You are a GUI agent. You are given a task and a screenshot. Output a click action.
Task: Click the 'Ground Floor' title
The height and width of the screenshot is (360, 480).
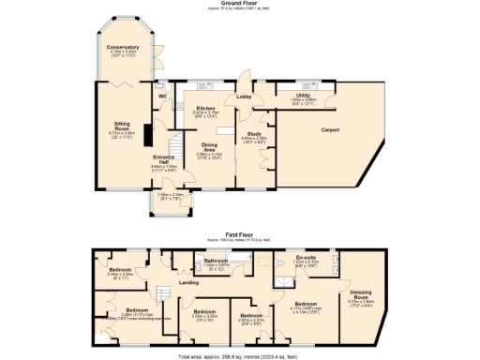[x=240, y=4]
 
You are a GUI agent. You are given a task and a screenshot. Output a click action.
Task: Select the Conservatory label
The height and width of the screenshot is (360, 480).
[x=123, y=46]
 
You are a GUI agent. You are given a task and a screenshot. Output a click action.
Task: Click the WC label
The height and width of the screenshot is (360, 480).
[x=162, y=96]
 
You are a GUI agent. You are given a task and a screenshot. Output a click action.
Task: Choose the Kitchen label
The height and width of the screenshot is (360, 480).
[x=206, y=108]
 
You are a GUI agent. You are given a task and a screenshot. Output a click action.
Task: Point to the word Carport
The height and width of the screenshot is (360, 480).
[x=330, y=130]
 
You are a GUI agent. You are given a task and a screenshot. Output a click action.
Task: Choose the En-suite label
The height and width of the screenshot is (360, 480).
[x=305, y=256]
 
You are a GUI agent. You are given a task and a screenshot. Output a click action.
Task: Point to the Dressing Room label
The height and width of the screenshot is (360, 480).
[x=361, y=293]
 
